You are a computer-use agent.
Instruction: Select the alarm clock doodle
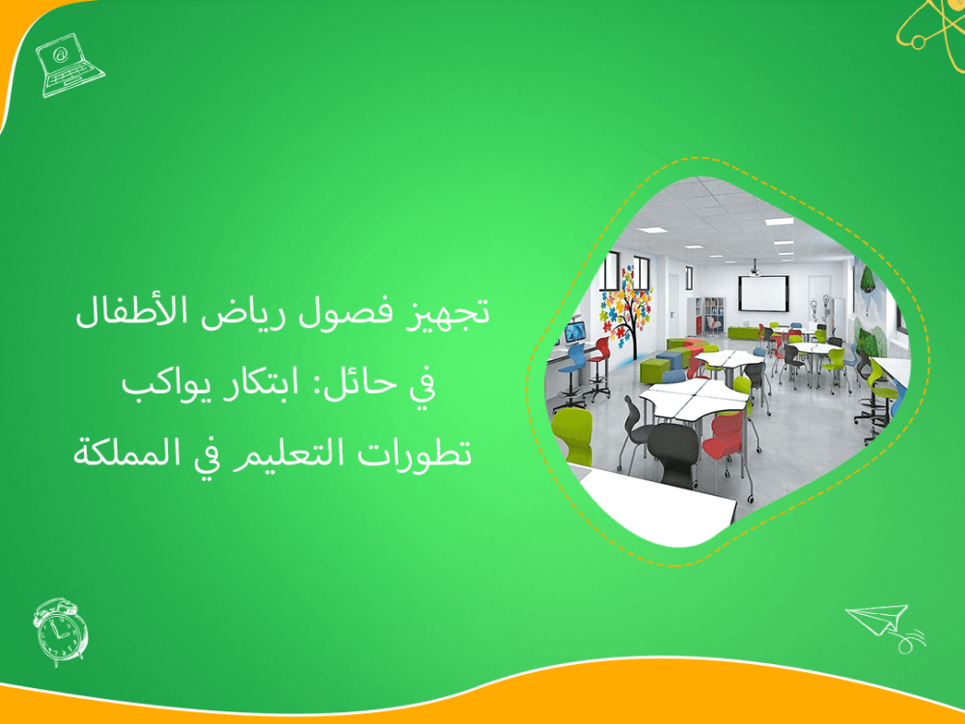tap(60, 630)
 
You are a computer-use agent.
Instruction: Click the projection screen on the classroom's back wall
tap(763, 291)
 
